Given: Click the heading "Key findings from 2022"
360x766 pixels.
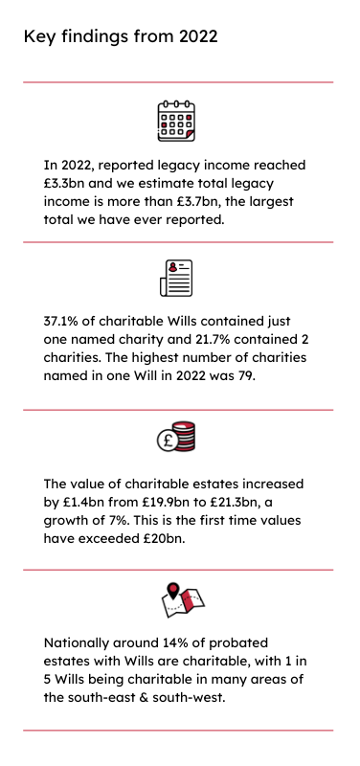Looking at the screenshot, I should point(121,37).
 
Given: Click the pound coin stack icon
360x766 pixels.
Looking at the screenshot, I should point(177,438).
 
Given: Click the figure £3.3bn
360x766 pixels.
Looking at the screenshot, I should point(65,183).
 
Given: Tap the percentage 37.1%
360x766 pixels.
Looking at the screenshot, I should point(63,320).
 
